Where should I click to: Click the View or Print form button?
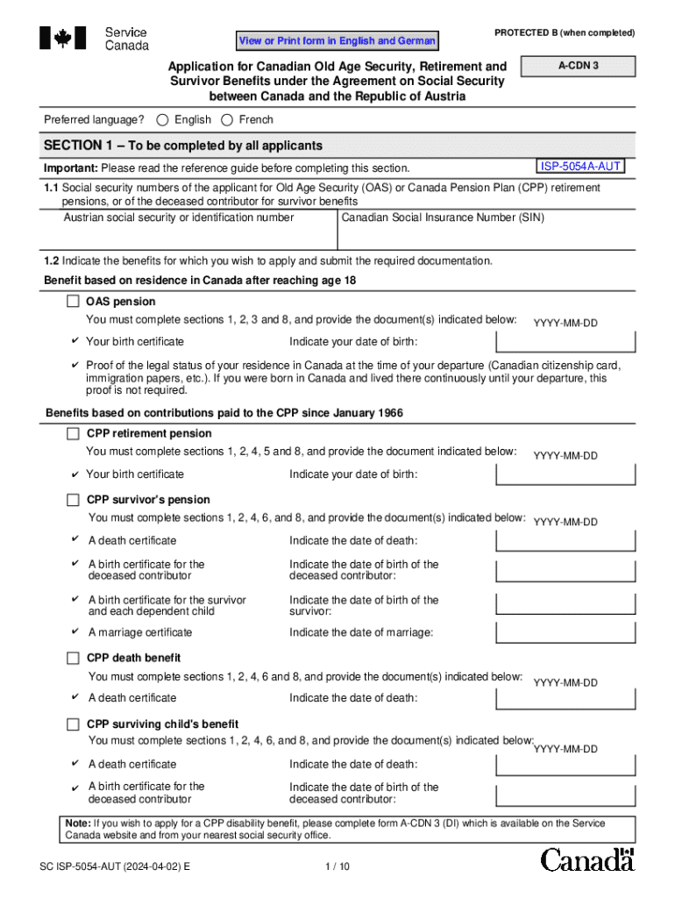[x=337, y=41]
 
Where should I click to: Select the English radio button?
[x=163, y=120]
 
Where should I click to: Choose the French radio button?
[x=227, y=120]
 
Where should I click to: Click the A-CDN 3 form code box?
[x=578, y=66]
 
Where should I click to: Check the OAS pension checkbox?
[x=73, y=302]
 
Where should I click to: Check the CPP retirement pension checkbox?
[x=73, y=433]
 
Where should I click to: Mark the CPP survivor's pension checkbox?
[x=73, y=500]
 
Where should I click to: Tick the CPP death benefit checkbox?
[x=73, y=658]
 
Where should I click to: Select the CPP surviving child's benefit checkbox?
[x=73, y=724]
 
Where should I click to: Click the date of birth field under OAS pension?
[x=565, y=342]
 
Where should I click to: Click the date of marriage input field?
[x=565, y=633]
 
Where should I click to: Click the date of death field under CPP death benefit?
[x=565, y=699]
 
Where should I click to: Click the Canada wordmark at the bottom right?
[x=586, y=859]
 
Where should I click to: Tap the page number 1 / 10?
[x=337, y=866]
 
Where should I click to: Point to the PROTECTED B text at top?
[x=564, y=33]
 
